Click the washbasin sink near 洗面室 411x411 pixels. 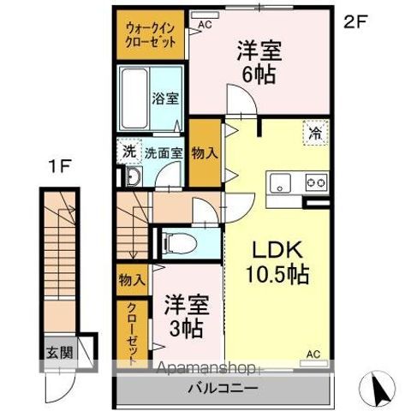(x=133, y=178)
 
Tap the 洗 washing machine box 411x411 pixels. (x=128, y=153)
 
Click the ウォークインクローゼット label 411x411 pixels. (x=151, y=33)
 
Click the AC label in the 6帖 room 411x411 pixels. (x=205, y=26)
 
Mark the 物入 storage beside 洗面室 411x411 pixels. (x=204, y=153)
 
